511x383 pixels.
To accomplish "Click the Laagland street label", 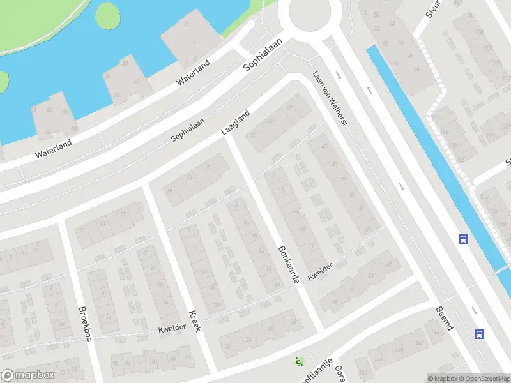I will click(236, 123).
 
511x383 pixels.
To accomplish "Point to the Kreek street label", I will click(195, 320).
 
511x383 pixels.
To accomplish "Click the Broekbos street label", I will click(84, 324).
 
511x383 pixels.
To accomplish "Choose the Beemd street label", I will click(445, 317).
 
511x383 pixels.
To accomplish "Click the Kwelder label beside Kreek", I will click(172, 327).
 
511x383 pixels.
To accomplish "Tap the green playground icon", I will click(298, 362).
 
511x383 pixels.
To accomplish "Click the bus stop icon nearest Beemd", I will click(479, 333).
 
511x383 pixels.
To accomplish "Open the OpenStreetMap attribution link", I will click(484, 379).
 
